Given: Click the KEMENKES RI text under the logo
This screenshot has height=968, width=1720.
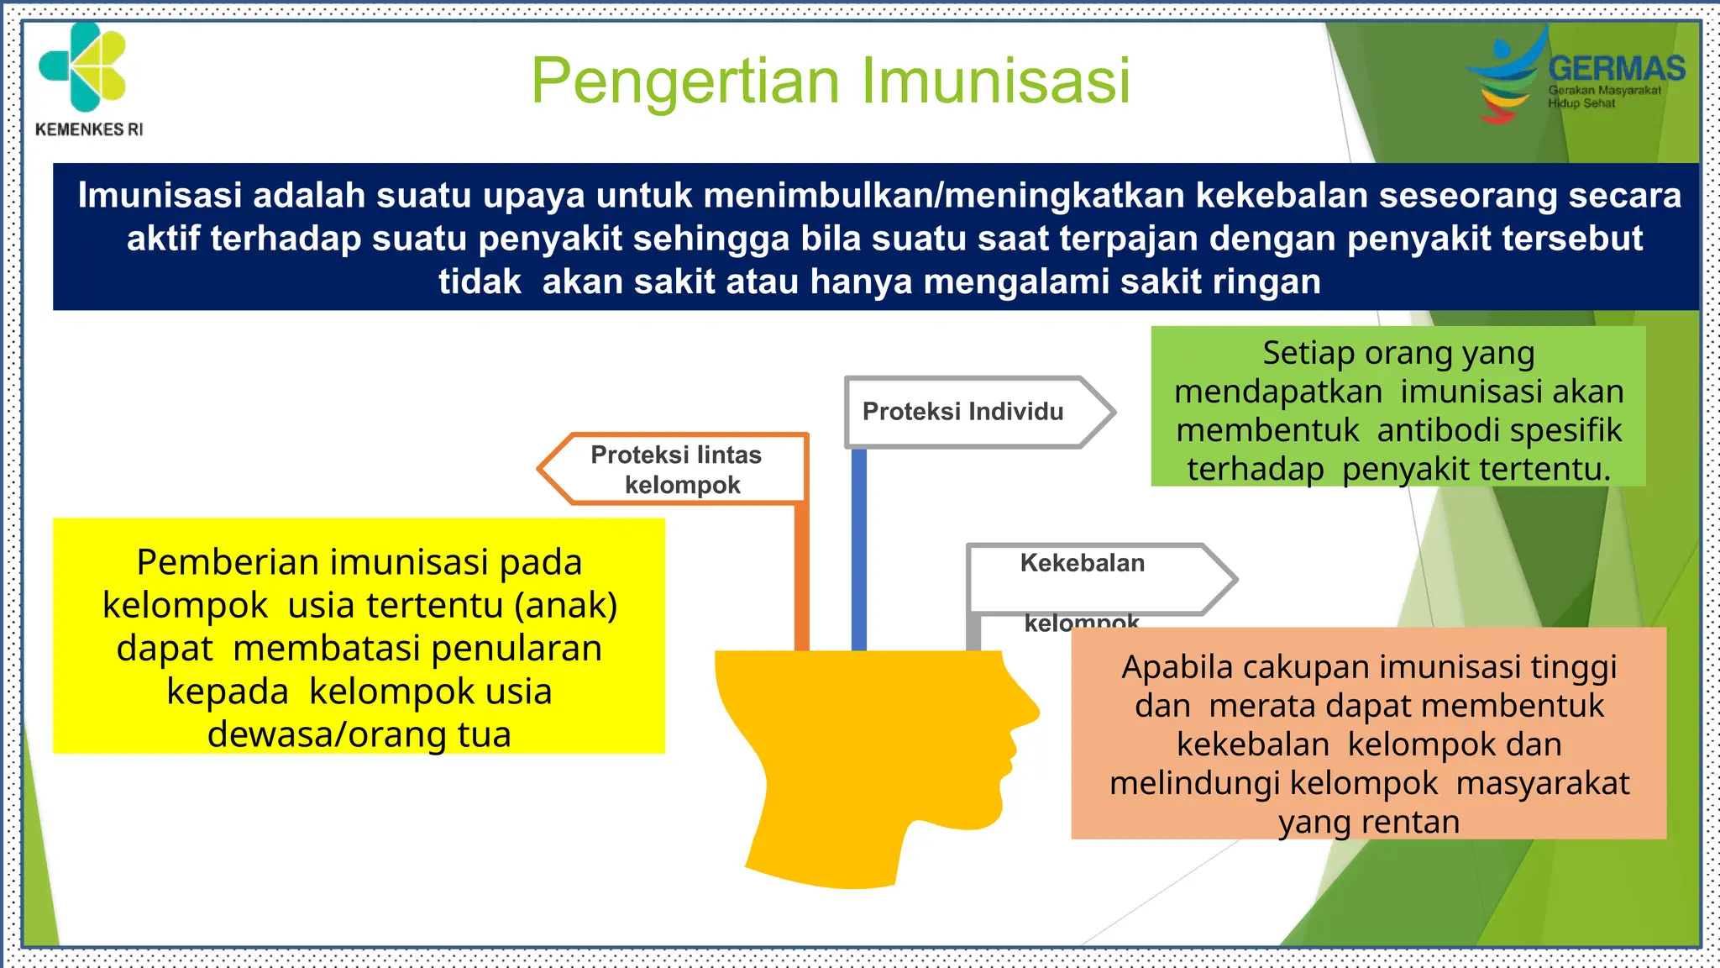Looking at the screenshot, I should click(89, 129).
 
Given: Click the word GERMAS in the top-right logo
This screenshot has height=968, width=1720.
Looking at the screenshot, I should click(1616, 69).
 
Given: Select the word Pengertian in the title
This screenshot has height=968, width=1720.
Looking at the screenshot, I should click(685, 82).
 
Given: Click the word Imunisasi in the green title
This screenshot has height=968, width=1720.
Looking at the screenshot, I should click(996, 82).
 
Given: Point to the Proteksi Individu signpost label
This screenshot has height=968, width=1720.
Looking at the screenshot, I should click(962, 412).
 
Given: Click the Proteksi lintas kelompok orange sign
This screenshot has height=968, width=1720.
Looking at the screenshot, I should click(677, 470).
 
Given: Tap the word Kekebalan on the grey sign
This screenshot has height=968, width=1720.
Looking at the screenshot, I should click(1082, 563).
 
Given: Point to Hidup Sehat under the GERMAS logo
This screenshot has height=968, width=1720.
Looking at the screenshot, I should click(1581, 103).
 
